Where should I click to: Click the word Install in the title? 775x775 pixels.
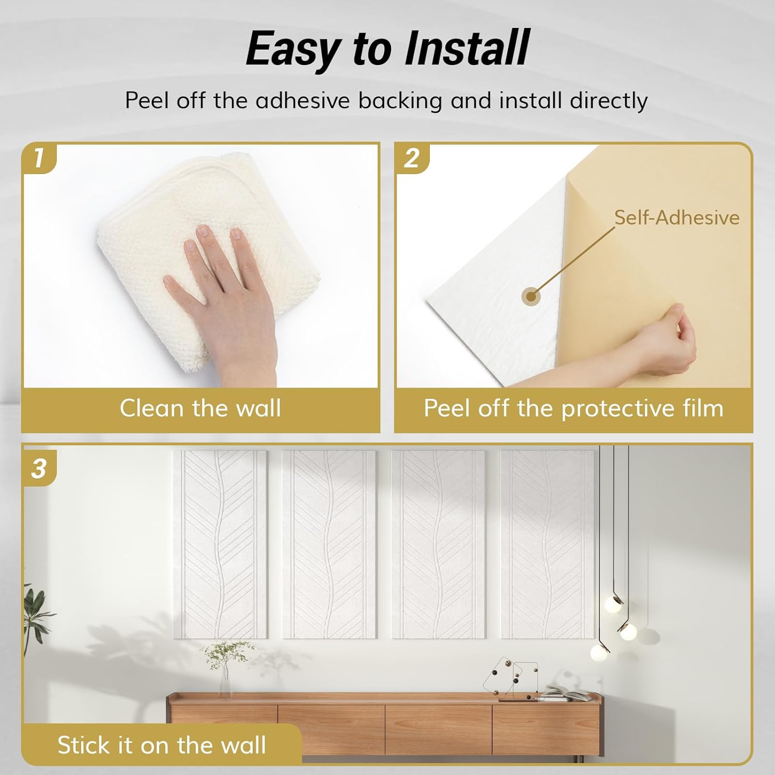467,48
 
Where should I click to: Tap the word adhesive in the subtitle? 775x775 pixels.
302,100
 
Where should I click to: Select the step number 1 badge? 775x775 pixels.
39,158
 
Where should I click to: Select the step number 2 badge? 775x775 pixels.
412,158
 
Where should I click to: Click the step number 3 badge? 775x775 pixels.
39,469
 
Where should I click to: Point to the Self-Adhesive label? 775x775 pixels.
676,218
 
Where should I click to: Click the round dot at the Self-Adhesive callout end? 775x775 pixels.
531,297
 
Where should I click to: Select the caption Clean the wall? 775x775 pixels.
200,408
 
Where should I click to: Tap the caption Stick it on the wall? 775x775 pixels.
162,745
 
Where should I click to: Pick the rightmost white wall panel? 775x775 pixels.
547,542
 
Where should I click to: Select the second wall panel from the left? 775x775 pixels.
329,542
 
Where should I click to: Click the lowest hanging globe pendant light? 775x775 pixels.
599,652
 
